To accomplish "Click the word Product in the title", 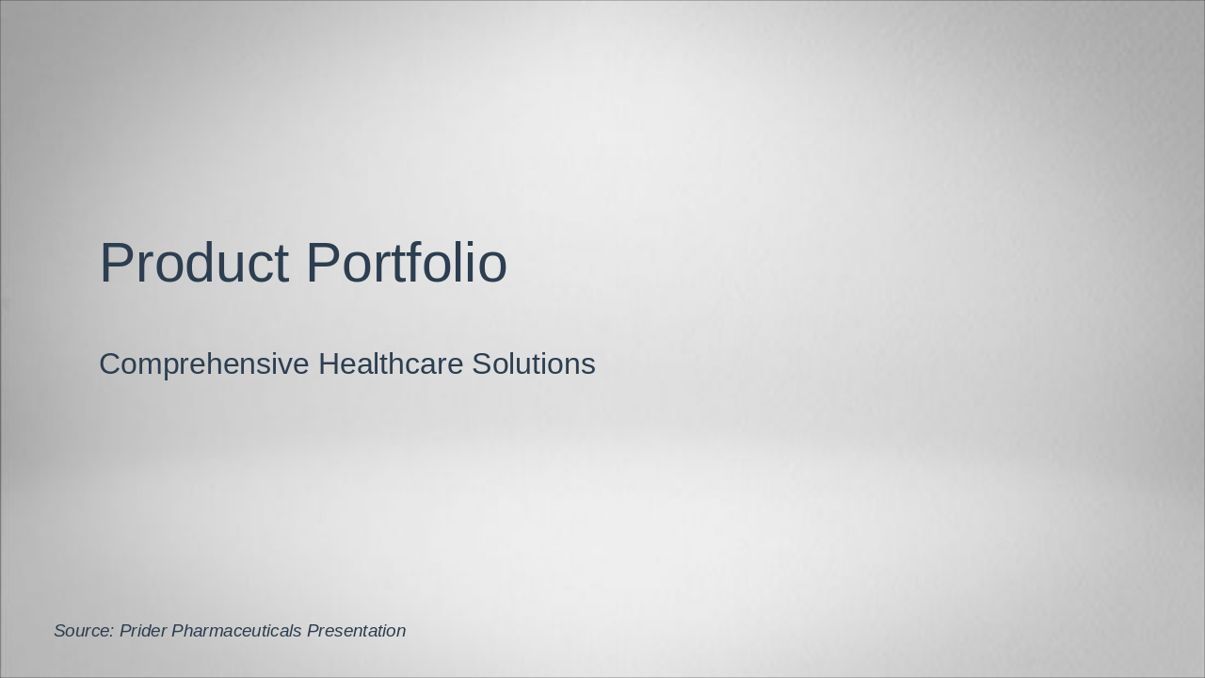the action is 195,262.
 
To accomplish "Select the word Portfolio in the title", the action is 407,262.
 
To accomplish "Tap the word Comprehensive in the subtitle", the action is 204,365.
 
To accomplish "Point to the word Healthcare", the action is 391,363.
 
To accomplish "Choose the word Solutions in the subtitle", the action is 534,363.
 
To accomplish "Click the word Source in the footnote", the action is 84,630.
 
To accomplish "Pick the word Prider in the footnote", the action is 142,630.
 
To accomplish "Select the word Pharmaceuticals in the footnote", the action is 236,630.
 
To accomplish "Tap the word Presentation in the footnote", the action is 356,630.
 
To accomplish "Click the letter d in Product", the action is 202,262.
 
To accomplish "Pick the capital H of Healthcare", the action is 329,363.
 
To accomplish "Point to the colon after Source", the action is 111,633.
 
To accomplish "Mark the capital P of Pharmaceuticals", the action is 178,630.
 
